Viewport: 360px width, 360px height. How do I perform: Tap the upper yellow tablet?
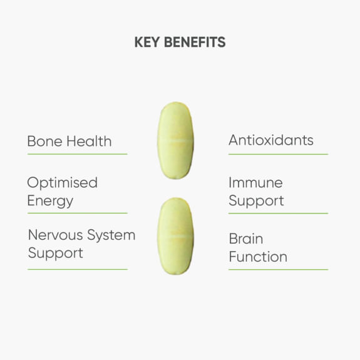pyautogui.click(x=175, y=141)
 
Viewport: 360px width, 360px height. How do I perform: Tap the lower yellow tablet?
pyautogui.click(x=175, y=236)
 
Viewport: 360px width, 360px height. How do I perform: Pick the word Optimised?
pyautogui.click(x=62, y=183)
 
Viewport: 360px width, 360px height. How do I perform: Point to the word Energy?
pyautogui.click(x=50, y=202)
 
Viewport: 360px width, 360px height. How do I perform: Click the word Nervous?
pyautogui.click(x=55, y=235)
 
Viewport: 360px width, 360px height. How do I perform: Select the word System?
pyautogui.click(x=111, y=236)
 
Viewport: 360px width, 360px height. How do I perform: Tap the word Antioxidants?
pyautogui.click(x=270, y=140)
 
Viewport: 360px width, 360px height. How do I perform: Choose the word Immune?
pyautogui.click(x=255, y=183)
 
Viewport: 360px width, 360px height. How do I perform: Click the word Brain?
pyautogui.click(x=245, y=239)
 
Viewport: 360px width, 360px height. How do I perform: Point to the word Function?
pyautogui.click(x=258, y=257)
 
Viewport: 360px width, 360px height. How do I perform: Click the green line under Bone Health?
pyautogui.click(x=77, y=154)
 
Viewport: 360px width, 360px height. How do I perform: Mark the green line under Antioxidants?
pyautogui.click(x=278, y=154)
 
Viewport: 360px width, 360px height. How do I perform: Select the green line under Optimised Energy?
pyautogui.click(x=77, y=213)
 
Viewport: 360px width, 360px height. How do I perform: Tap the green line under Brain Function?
pyautogui.click(x=278, y=270)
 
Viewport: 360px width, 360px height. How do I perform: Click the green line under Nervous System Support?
pyautogui.click(x=77, y=269)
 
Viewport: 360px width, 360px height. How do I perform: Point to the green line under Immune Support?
pyautogui.click(x=278, y=213)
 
